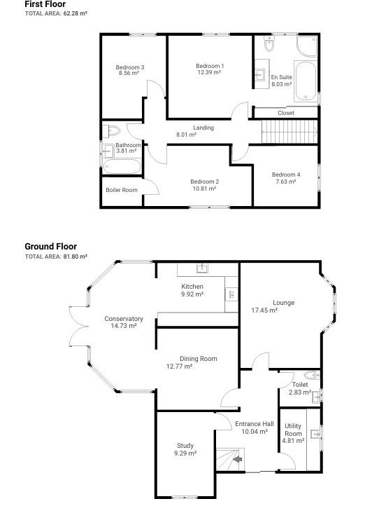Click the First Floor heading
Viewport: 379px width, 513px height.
point(45,4)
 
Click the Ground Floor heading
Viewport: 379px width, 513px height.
point(50,247)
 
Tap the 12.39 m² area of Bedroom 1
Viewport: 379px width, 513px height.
point(209,72)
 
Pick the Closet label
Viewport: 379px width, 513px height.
point(285,113)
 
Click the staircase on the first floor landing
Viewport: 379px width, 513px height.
point(289,130)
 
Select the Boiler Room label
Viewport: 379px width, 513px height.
point(122,190)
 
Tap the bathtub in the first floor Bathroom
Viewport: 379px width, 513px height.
point(122,166)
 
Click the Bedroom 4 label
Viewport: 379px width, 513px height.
point(286,175)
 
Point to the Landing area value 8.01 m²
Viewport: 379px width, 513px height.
point(186,135)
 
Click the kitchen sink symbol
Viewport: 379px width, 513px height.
point(202,268)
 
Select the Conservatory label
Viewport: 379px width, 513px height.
point(124,319)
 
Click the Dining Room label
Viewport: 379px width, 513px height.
point(199,358)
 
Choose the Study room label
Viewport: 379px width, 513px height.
point(185,446)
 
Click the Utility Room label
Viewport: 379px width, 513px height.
point(293,430)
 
